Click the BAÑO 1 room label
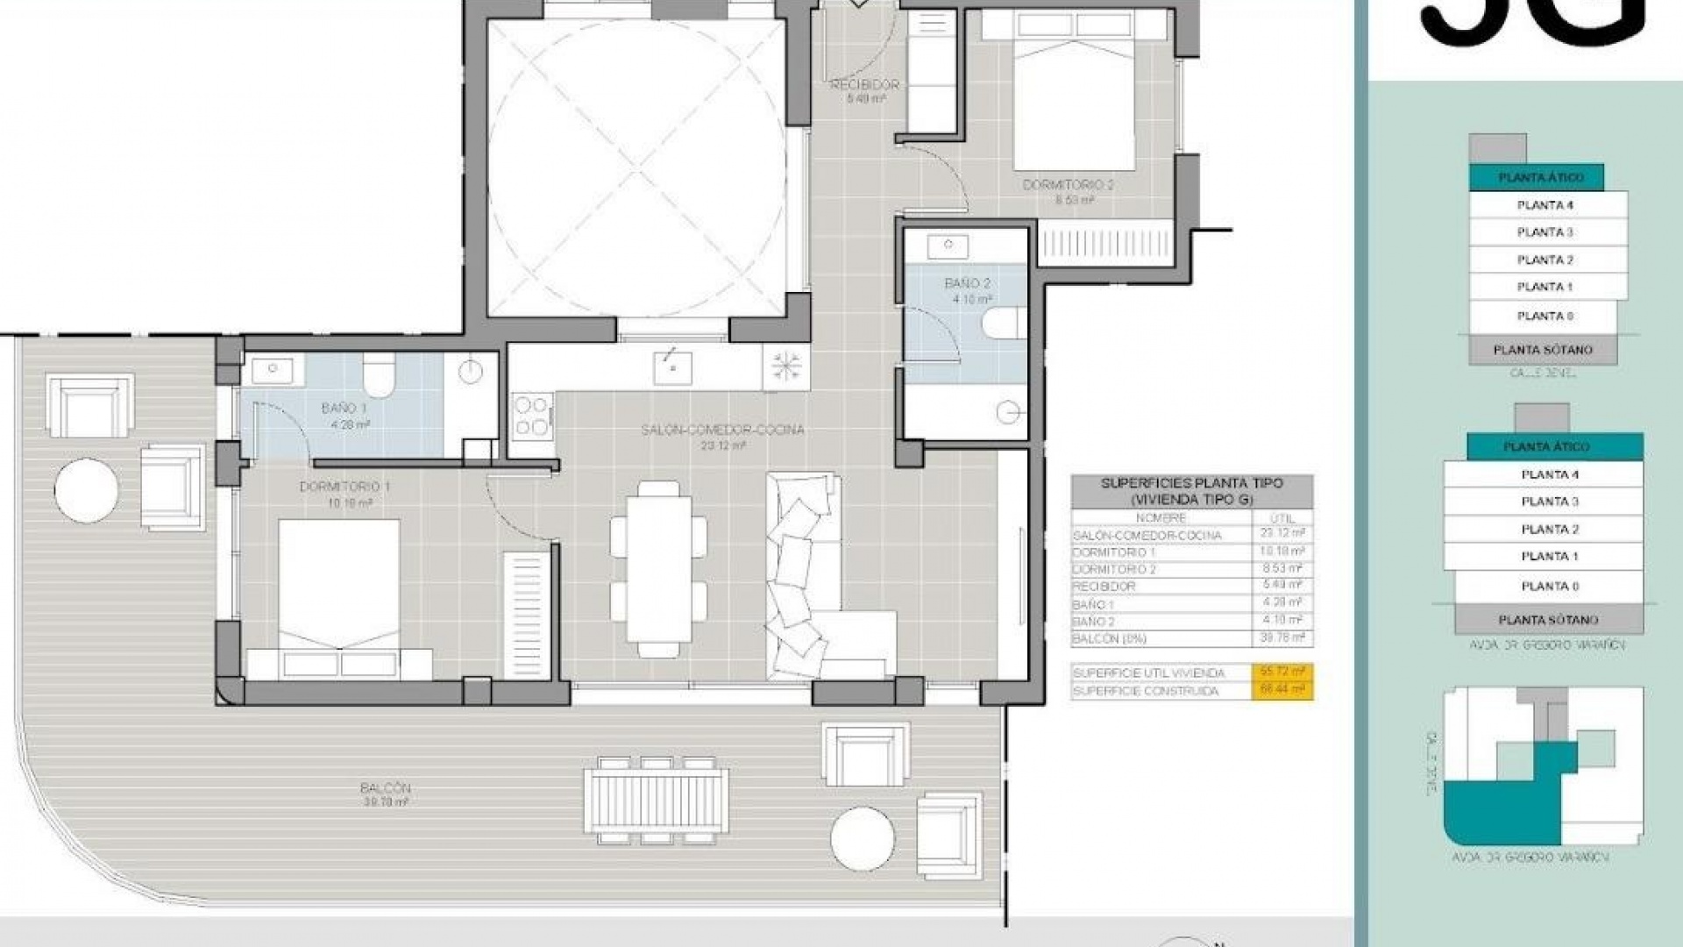click(344, 409)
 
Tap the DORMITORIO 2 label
click(1068, 185)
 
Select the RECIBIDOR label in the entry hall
click(864, 85)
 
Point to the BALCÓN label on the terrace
click(385, 788)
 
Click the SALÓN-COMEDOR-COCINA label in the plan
click(722, 431)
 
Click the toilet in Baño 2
click(1002, 322)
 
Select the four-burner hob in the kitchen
click(532, 416)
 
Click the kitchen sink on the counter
click(672, 367)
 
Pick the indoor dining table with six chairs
click(658, 569)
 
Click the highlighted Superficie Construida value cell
click(1282, 691)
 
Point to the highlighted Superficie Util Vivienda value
click(1282, 673)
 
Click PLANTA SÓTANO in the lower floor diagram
click(1548, 620)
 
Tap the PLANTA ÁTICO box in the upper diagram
click(1540, 177)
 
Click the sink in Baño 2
click(948, 246)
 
